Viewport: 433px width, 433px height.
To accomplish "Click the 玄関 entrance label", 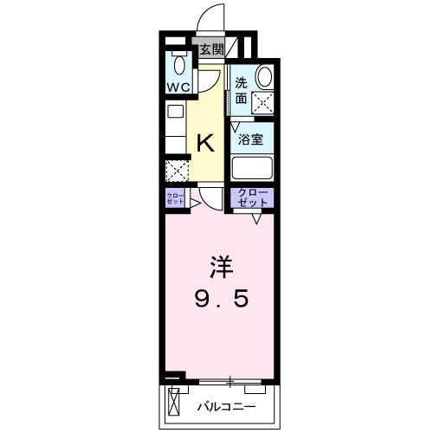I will [210, 50].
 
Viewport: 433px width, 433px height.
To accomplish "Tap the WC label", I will [180, 87].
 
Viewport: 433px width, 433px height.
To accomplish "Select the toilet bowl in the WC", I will [180, 65].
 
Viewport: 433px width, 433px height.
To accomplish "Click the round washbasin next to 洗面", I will [263, 78].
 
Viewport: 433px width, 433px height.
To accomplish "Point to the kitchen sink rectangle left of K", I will [175, 114].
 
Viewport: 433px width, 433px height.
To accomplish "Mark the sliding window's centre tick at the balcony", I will [231, 379].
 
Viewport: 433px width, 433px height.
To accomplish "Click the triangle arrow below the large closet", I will [257, 218].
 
